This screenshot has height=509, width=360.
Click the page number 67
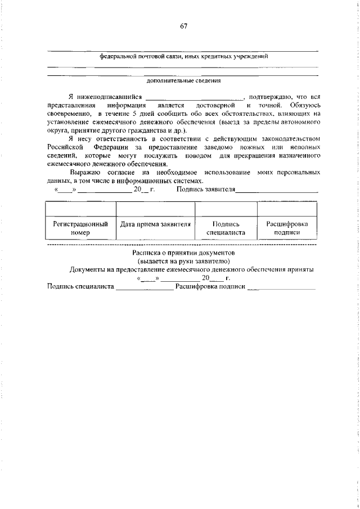(x=183, y=26)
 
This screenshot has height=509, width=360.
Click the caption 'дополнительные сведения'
(x=183, y=81)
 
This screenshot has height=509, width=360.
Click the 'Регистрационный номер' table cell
(x=80, y=228)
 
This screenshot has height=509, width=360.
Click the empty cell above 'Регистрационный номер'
(x=80, y=209)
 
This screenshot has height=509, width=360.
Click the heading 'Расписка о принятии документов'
(x=183, y=253)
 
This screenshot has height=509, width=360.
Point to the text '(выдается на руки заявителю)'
(x=183, y=261)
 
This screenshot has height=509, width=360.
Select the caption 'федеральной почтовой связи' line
(x=183, y=56)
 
